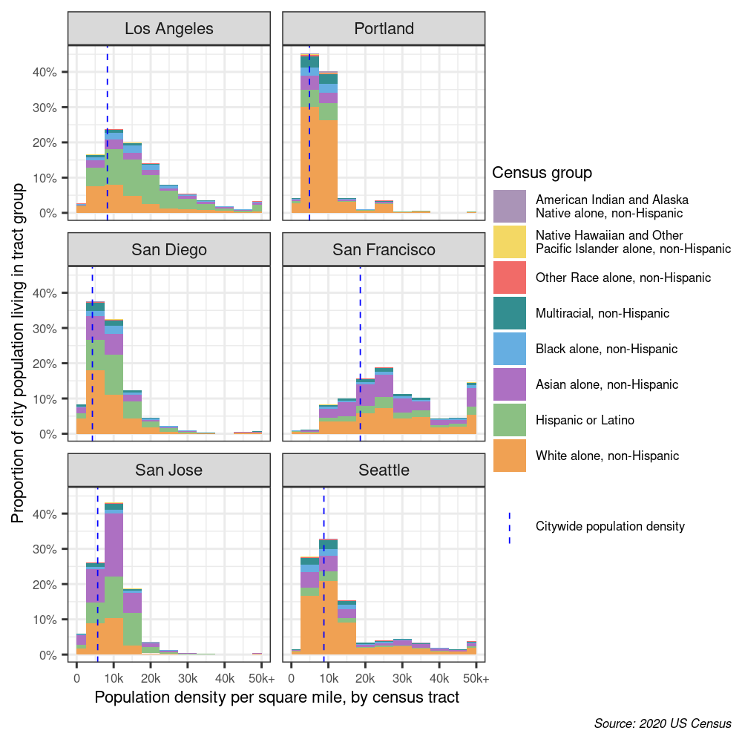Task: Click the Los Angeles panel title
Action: (x=169, y=29)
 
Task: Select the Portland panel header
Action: (x=384, y=29)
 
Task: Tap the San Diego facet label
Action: (x=169, y=249)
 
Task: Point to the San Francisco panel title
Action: (x=384, y=249)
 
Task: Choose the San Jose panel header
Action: (x=169, y=470)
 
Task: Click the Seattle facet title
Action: (x=384, y=470)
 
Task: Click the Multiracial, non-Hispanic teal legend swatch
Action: (x=509, y=313)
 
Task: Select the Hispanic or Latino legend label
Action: (x=585, y=420)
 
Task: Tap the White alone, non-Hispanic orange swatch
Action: (x=509, y=456)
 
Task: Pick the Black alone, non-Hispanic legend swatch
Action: (x=509, y=349)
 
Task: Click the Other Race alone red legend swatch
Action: (x=509, y=278)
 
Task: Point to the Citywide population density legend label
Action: (x=610, y=527)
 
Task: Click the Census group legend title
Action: (x=542, y=173)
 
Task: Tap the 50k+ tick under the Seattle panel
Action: (x=476, y=678)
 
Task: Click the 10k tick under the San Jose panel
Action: (x=114, y=678)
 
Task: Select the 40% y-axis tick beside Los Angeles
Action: (x=47, y=72)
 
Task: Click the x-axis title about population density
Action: (x=277, y=698)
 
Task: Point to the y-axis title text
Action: (x=18, y=352)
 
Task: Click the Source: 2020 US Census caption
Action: (x=663, y=723)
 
